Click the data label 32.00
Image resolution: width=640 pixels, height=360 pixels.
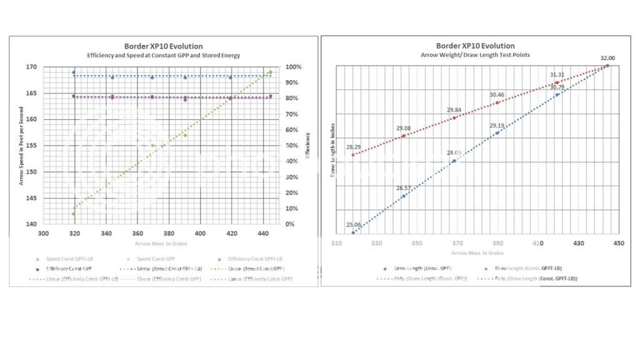point(607,58)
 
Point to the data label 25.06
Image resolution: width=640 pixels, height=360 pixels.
point(354,225)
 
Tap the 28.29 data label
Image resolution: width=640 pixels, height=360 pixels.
point(354,147)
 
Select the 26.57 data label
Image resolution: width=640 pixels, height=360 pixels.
point(404,188)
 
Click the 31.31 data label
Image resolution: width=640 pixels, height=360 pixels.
point(557,75)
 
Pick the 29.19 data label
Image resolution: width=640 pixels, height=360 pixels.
point(497,126)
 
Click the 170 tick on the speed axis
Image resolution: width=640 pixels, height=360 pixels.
point(31,67)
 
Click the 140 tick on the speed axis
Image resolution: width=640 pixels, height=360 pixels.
point(31,224)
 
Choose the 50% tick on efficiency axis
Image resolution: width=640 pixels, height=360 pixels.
point(291,146)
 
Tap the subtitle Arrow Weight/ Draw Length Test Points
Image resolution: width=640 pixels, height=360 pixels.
point(475,55)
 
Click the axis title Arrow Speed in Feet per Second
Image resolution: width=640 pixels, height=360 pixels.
point(22,145)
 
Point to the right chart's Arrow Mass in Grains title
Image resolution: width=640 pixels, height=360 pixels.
point(477,252)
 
